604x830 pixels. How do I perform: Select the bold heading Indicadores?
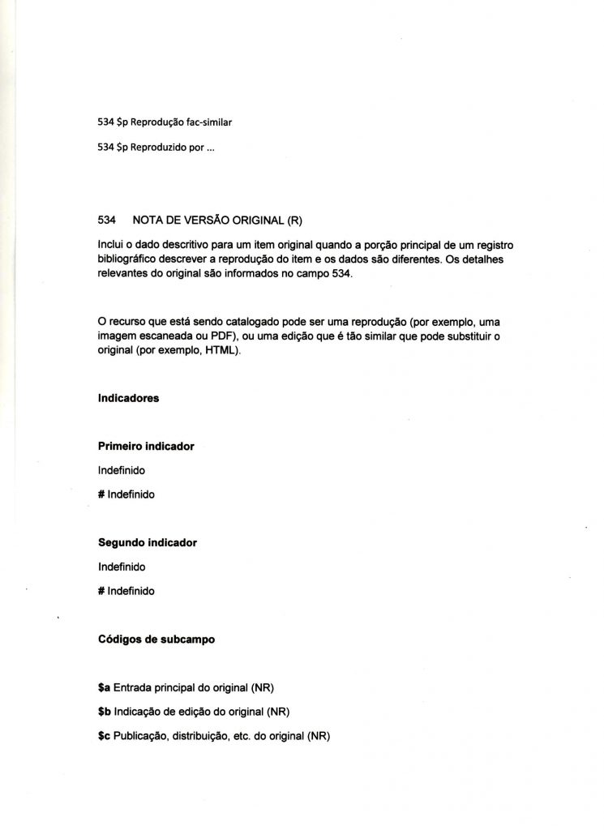tap(128, 399)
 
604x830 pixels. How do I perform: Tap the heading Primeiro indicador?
tap(146, 447)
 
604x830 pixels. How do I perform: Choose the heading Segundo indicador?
tap(148, 542)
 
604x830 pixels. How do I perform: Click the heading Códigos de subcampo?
tap(156, 638)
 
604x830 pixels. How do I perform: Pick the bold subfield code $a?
tap(104, 689)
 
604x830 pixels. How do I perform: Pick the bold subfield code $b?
tap(104, 712)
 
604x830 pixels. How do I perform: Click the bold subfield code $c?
tap(104, 737)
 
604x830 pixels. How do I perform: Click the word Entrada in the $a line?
tap(133, 689)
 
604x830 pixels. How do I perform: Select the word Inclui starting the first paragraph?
tap(109, 245)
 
